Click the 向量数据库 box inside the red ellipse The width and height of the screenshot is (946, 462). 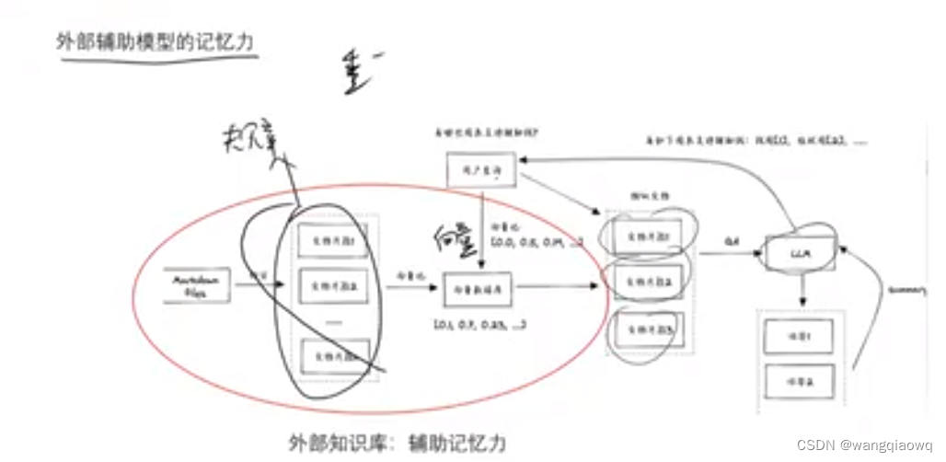(x=478, y=288)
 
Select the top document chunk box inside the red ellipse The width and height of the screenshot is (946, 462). (x=334, y=241)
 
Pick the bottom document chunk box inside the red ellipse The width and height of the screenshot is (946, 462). (x=334, y=355)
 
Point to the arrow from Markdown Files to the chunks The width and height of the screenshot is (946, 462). (x=260, y=284)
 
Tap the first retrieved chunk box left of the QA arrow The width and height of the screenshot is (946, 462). (x=650, y=235)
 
